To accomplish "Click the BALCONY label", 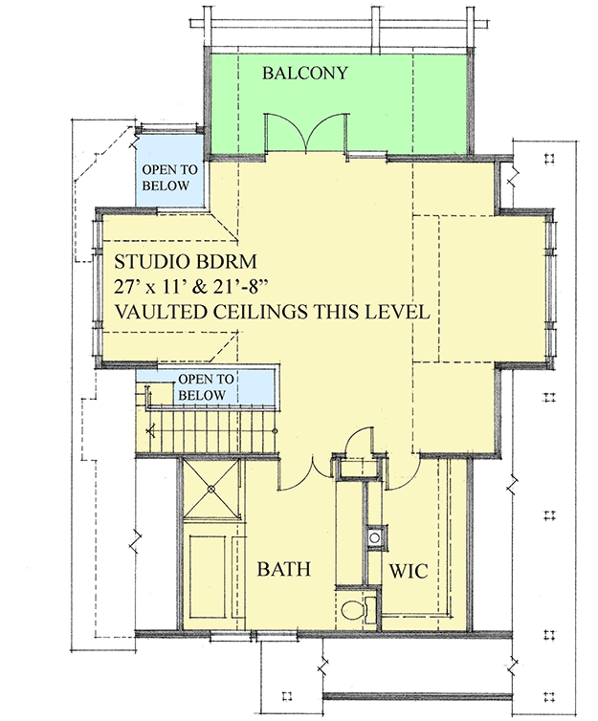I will point(305,73).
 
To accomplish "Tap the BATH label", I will point(284,569).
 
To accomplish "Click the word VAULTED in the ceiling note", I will point(162,313).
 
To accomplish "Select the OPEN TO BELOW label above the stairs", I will point(201,387).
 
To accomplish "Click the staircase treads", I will point(210,421).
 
